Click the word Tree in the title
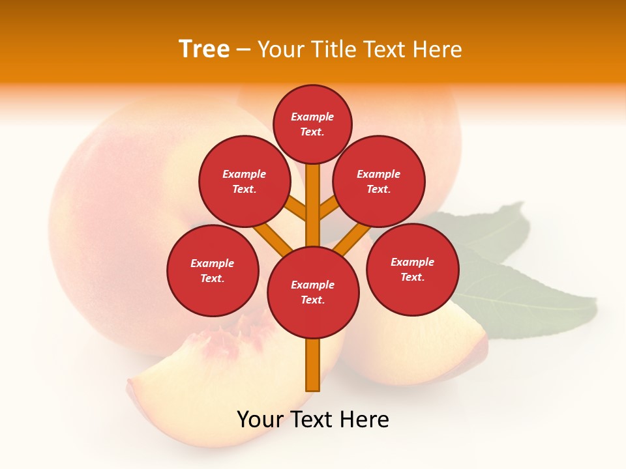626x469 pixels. pos(204,49)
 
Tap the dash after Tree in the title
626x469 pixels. pos(244,50)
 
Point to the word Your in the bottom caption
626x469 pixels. pos(261,419)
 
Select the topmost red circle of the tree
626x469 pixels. pos(312,124)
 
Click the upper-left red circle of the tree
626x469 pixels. pos(245,181)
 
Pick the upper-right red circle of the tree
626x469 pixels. pos(379,181)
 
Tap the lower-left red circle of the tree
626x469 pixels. pos(213,270)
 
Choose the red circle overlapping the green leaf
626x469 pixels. pos(413,269)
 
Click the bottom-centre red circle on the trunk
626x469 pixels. pos(313,292)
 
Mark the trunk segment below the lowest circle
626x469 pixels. pos(313,365)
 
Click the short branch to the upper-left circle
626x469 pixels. pos(297,208)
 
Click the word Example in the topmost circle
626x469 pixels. pos(312,117)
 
